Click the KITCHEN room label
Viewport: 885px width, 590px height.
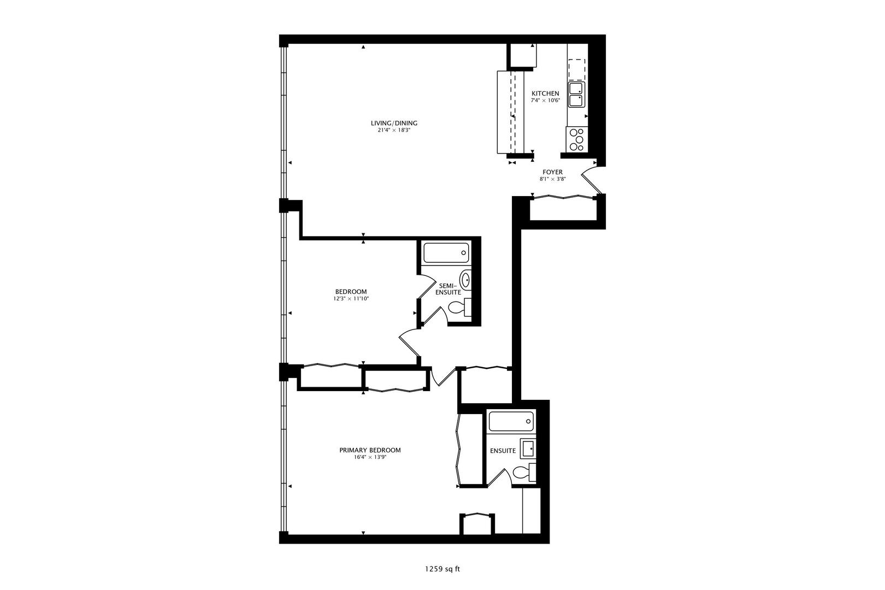click(x=545, y=93)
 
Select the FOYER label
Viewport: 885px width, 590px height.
click(x=552, y=172)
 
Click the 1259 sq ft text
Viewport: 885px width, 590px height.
click(x=442, y=569)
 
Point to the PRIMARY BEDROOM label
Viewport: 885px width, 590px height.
click(x=370, y=450)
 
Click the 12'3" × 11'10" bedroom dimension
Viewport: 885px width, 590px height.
click(x=351, y=299)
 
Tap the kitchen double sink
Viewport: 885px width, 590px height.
click(x=576, y=95)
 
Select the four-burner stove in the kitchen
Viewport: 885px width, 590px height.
click(x=576, y=139)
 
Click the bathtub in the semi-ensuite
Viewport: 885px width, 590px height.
click(x=446, y=253)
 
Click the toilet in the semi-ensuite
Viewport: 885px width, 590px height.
click(x=459, y=309)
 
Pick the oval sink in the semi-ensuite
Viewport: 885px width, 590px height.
click(x=465, y=280)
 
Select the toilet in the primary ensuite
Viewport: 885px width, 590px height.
click(x=524, y=473)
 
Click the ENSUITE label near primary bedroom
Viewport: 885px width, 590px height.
click(x=503, y=451)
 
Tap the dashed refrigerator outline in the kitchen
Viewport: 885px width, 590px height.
click(x=576, y=69)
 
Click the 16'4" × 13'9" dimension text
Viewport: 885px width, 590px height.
click(x=370, y=458)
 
